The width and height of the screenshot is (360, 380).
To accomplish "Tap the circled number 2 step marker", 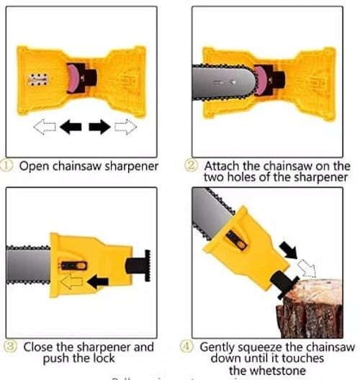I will (x=192, y=166).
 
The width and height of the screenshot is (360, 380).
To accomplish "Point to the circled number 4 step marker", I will (x=189, y=347).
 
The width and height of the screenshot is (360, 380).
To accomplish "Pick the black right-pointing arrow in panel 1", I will (x=99, y=127).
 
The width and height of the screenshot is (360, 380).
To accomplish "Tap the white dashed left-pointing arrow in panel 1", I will (x=45, y=127).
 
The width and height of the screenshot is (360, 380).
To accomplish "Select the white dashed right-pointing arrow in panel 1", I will (x=125, y=127).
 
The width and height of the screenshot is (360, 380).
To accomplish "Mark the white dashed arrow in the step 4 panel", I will (x=307, y=268).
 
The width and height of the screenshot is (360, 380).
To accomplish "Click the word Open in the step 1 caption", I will (x=32, y=166).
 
